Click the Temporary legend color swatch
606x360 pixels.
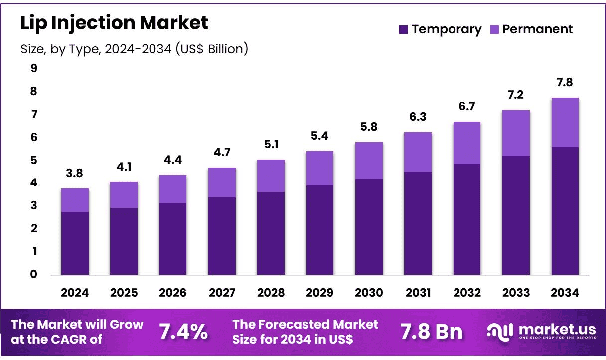click(x=403, y=29)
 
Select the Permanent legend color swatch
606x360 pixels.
click(x=494, y=29)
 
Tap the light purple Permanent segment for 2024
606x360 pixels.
click(x=75, y=200)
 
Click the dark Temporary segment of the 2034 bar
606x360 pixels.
click(x=565, y=211)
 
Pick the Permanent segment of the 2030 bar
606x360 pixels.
click(x=369, y=161)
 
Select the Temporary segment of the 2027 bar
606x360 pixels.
click(x=222, y=236)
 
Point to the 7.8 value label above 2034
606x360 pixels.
click(x=565, y=82)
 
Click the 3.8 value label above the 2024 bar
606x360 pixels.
click(x=74, y=173)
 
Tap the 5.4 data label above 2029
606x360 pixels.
click(x=319, y=136)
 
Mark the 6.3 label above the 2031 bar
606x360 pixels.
click(x=418, y=117)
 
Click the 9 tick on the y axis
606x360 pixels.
click(x=34, y=68)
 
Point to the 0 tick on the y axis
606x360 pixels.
click(x=33, y=274)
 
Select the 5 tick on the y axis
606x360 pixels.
click(x=33, y=160)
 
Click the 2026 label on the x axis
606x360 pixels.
click(x=172, y=293)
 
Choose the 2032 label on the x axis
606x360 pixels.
click(x=467, y=293)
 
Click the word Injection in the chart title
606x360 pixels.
click(x=93, y=23)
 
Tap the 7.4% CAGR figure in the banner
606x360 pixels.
click(x=183, y=331)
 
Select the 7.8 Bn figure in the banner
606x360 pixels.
click(x=432, y=331)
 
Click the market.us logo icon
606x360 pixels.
click(x=500, y=332)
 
